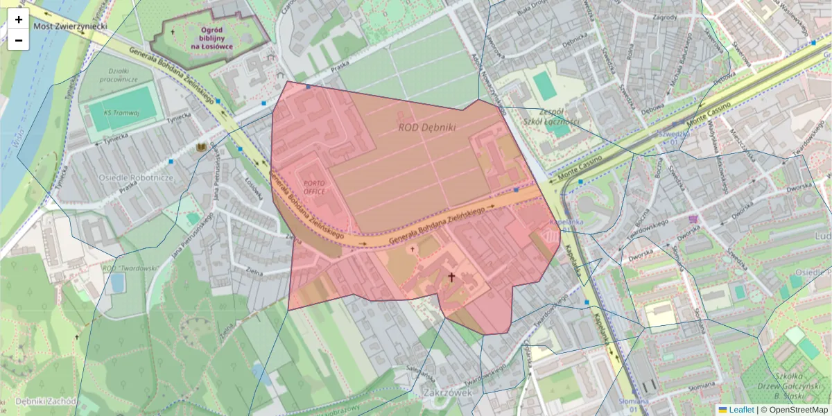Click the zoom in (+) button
(x=18, y=19)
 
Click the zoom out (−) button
(x=18, y=40)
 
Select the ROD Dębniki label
(x=426, y=128)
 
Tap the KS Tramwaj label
(x=121, y=112)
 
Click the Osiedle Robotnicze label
(x=135, y=177)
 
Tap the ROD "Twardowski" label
(x=130, y=268)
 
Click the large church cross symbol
(x=451, y=278)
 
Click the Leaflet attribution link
(x=740, y=410)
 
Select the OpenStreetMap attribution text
(x=797, y=410)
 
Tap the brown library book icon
(x=202, y=148)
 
